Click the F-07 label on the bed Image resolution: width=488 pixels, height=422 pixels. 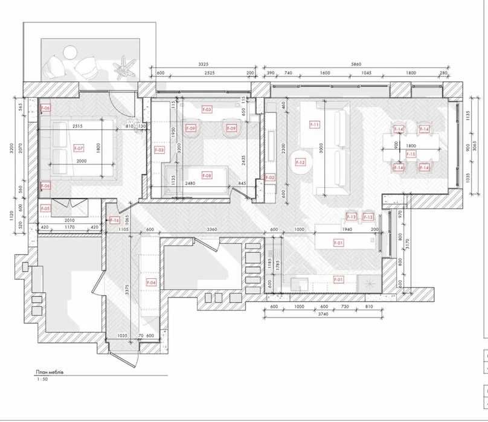tap(79, 148)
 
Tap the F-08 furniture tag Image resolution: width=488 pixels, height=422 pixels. tap(207, 176)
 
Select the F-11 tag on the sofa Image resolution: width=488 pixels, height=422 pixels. tap(314, 125)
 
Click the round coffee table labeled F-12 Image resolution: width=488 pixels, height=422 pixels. tap(300, 162)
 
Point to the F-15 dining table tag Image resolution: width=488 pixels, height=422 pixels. tap(411, 155)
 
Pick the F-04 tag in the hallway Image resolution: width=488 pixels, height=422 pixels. tap(152, 282)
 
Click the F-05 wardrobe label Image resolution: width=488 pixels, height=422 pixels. tap(46, 208)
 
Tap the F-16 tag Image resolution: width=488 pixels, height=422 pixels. tap(115, 220)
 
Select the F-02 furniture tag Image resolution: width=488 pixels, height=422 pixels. tap(270, 177)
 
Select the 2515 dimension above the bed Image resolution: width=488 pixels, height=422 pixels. tap(77, 126)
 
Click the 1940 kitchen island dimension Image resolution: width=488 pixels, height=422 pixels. tap(347, 230)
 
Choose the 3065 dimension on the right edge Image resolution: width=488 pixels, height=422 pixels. tap(475, 147)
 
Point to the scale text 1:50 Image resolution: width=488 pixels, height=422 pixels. tap(41, 380)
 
